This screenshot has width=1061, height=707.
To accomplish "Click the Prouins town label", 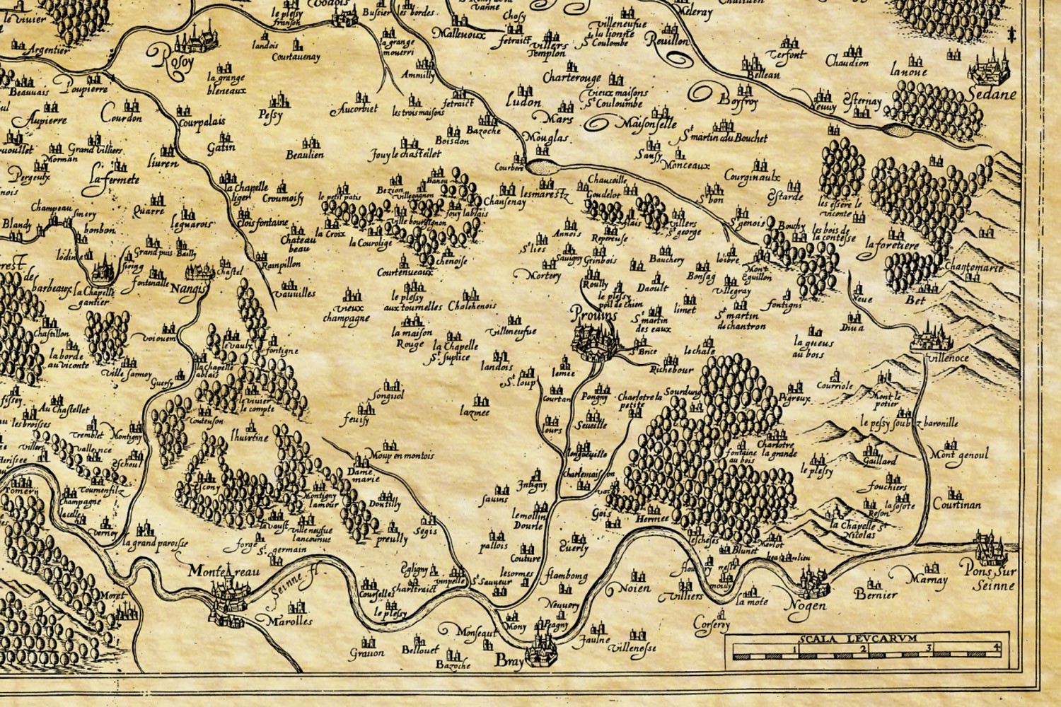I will point(592,315).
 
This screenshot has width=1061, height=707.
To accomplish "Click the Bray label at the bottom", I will point(507,661).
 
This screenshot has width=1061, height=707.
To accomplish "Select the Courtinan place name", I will point(956,505).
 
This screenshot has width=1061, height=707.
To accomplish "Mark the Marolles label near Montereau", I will point(290,621).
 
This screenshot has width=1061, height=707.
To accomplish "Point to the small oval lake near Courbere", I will point(543,167).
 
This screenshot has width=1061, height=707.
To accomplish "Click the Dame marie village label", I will point(364,475).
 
